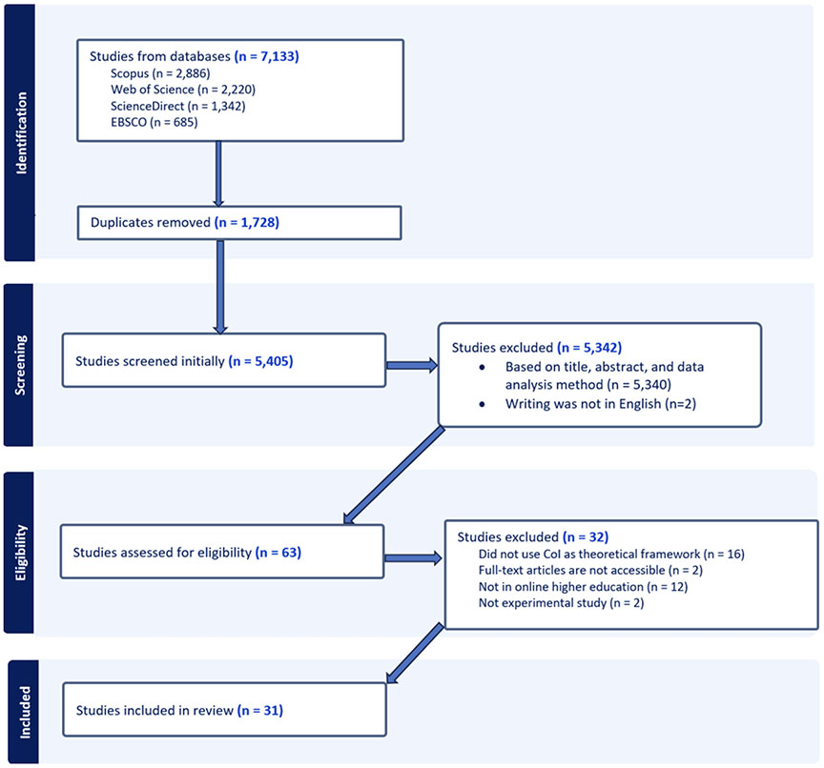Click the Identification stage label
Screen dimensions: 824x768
pos(21,132)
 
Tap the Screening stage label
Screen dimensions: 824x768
pos(20,365)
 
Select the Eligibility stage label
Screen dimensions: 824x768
pos(20,553)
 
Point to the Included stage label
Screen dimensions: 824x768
pos(25,713)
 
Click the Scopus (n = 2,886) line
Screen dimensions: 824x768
pos(160,73)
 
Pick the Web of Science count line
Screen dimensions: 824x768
pos(183,90)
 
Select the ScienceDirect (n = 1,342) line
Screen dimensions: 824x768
pos(177,106)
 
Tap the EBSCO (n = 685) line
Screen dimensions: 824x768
pos(154,122)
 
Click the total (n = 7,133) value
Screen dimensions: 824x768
pos(266,56)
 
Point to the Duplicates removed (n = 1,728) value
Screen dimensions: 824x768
pos(247,223)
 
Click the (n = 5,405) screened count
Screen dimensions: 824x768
pos(260,361)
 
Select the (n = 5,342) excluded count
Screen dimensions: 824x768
pos(589,348)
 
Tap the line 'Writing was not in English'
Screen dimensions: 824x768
pos(601,404)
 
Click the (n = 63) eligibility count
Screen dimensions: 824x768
pos(278,553)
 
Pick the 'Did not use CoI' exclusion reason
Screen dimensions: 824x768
pos(611,554)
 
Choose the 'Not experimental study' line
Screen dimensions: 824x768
pos(561,602)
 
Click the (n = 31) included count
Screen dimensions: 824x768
pos(260,710)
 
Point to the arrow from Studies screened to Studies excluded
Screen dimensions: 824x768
pos(412,365)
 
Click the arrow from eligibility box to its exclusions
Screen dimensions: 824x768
pos(413,557)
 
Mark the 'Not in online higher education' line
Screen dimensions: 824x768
pos(583,586)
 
